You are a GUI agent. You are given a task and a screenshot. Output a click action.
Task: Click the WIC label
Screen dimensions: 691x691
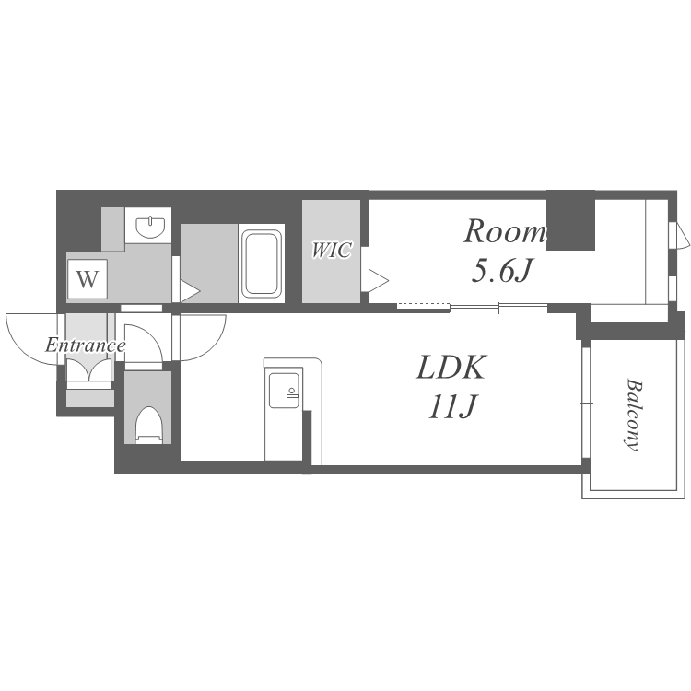coord(332,250)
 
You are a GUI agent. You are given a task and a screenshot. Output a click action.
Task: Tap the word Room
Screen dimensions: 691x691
coord(505,231)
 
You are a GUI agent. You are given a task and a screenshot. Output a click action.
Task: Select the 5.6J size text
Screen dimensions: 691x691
coord(502,270)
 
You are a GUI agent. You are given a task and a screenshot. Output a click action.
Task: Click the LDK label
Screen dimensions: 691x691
coord(451,367)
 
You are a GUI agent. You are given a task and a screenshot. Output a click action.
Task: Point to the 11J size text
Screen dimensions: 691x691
coord(452,406)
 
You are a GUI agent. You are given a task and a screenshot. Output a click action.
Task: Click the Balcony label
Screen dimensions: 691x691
coord(634,415)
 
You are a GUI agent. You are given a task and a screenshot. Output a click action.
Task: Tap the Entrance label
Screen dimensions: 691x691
coord(86,345)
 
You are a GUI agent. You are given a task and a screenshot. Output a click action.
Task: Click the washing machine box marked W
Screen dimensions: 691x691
coord(88,279)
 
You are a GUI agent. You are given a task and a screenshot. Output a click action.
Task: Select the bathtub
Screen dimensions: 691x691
coord(262,264)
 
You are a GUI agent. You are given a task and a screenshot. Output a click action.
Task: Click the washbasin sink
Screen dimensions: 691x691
coord(151,226)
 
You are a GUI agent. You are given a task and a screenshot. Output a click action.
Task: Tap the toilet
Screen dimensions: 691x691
coord(148,425)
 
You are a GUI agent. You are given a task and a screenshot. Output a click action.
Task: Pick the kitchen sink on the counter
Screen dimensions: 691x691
coord(285,391)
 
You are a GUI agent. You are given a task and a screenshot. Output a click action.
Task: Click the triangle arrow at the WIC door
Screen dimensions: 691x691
coord(379,280)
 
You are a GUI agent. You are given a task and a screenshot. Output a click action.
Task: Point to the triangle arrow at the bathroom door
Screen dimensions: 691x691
coord(190,291)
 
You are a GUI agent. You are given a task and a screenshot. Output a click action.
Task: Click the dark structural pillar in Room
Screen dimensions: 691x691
coord(570,220)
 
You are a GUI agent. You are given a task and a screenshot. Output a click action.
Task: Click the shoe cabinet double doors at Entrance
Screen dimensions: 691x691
coord(88,369)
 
